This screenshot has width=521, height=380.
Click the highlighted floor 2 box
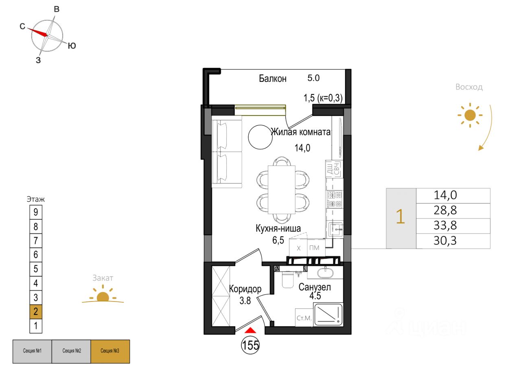pos(36,312)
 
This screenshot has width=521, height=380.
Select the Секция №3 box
pos(110,352)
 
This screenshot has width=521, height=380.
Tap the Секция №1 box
pos(32,352)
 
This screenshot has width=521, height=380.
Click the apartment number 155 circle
pos(250,345)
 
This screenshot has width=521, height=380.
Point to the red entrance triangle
pos(250,330)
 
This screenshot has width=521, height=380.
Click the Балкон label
pos(273,79)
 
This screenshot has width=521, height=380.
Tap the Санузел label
pos(315,287)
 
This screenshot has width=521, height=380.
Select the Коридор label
pos(245,289)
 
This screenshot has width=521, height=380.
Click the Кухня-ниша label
pos(278,228)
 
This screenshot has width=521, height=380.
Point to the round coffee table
pos(260,137)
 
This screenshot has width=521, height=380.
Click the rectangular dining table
pos(281,190)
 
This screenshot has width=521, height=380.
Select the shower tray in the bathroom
pos(328,314)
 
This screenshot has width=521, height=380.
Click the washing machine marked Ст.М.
pos(304,318)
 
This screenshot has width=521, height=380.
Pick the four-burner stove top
pos(335,199)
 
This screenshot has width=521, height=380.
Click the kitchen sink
pos(336,229)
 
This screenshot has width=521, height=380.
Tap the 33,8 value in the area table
pos(445,225)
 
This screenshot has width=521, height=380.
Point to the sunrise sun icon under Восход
pos(470,115)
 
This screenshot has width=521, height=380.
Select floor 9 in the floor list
pos(36,212)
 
